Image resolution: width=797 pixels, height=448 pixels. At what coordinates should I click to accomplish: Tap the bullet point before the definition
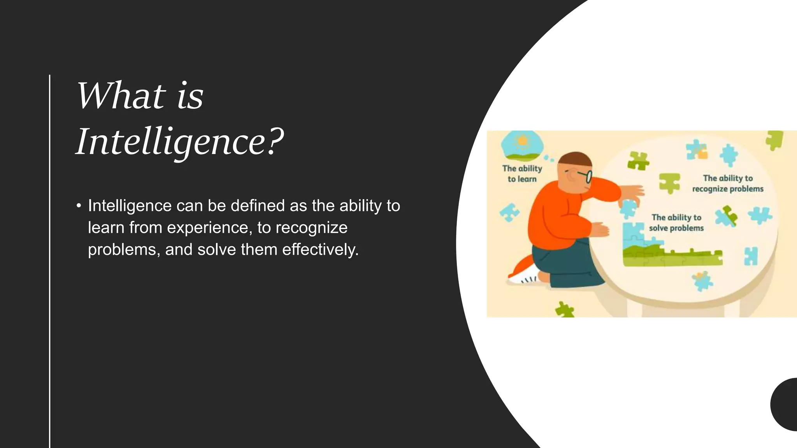tap(79, 206)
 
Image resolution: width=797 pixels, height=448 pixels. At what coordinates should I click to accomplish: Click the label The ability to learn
tap(522, 173)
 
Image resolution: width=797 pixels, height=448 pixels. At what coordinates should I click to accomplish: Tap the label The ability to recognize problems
tap(727, 183)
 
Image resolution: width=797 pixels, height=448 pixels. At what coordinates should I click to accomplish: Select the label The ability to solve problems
tap(676, 222)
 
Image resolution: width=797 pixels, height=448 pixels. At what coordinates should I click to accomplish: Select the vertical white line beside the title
tap(50, 261)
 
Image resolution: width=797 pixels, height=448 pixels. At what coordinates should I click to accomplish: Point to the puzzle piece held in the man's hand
tap(627, 208)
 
